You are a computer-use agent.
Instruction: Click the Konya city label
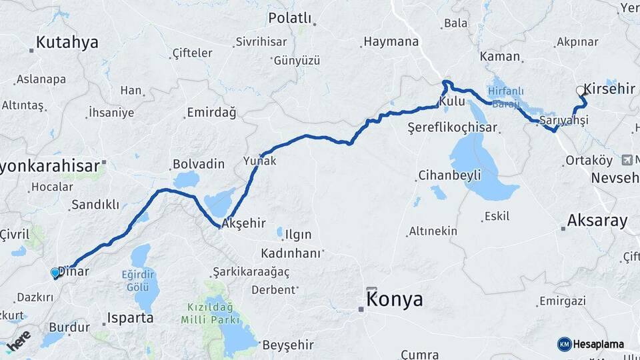[x=395, y=299]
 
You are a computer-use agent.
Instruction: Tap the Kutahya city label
[x=67, y=43]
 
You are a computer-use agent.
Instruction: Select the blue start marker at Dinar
[x=55, y=273]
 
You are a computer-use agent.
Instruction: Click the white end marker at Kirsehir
[x=580, y=90]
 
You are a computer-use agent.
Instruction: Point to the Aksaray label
[x=597, y=221]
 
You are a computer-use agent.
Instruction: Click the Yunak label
[x=260, y=161]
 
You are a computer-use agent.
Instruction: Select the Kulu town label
[x=451, y=101]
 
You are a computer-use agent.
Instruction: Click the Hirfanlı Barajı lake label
[x=505, y=97]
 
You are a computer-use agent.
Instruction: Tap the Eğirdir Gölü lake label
[x=139, y=281]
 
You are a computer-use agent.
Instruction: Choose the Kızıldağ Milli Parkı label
[x=208, y=313]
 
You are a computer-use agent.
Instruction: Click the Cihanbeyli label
[x=449, y=175]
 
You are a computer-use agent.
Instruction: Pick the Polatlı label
[x=289, y=17]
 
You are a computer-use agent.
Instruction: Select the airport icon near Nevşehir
[x=627, y=160]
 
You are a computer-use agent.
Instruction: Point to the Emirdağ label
[x=211, y=113]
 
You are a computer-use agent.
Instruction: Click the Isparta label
[x=131, y=317]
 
